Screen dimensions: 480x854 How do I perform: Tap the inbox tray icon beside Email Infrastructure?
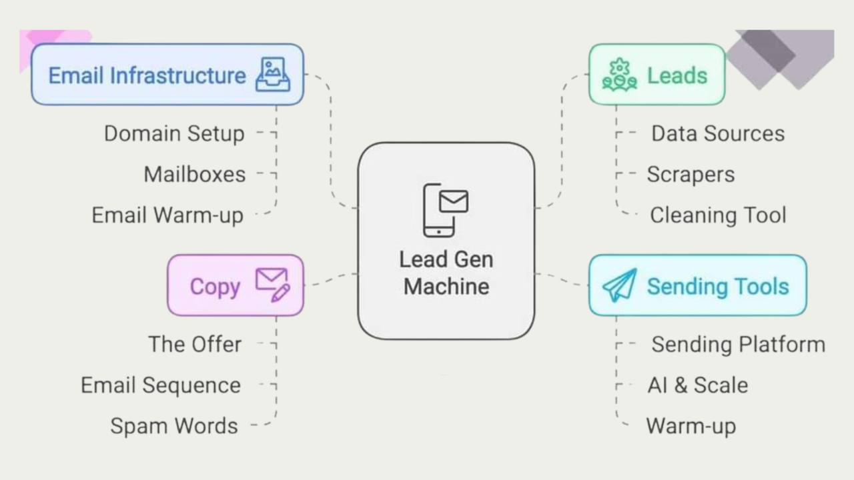[274, 74]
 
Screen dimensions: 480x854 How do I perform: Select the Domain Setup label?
[174, 133]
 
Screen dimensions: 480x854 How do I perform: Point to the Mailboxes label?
[195, 175]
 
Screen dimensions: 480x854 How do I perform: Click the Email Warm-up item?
[167, 215]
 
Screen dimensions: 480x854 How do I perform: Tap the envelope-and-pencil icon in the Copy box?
[272, 285]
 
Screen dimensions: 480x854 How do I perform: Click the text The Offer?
[195, 344]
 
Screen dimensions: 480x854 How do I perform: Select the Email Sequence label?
[161, 385]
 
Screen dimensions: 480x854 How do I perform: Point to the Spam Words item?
[174, 426]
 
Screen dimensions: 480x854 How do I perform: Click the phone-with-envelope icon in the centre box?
[445, 209]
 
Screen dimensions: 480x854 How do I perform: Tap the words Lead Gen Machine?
[446, 273]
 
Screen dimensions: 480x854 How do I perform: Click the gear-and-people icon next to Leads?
[619, 74]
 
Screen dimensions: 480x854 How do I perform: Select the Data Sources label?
[718, 133]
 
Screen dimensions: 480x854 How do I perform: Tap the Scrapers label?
[691, 175]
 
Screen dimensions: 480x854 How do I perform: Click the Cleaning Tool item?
[718, 215]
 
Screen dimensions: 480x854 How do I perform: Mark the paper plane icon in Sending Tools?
[620, 285]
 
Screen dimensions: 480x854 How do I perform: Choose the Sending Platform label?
[738, 344]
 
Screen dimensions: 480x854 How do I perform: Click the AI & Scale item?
[697, 385]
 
